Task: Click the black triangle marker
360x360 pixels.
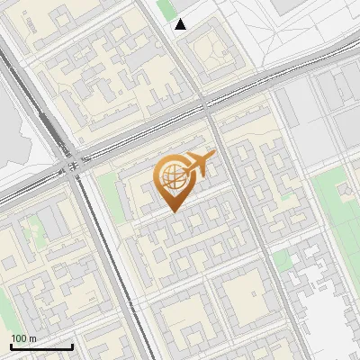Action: point(181,24)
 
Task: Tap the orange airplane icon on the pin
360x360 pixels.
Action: point(200,164)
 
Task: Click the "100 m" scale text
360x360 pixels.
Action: point(24,337)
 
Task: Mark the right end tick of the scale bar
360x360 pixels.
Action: point(72,346)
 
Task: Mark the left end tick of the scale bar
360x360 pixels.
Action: point(11,346)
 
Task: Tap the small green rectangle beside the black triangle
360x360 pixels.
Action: point(166,10)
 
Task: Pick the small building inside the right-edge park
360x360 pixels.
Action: point(345,192)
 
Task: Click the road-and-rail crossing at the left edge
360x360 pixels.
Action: point(72,166)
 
